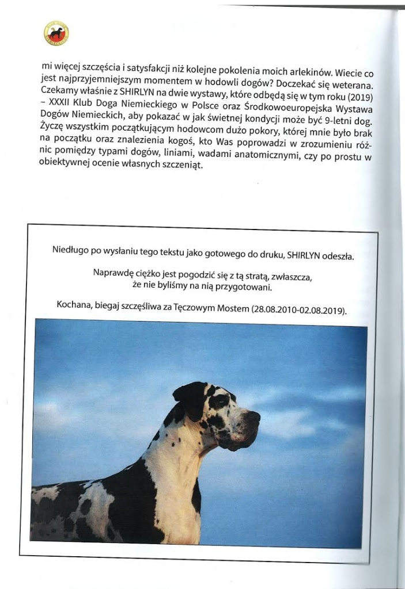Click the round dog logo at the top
pos(56,33)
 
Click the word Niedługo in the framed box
pos(71,250)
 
